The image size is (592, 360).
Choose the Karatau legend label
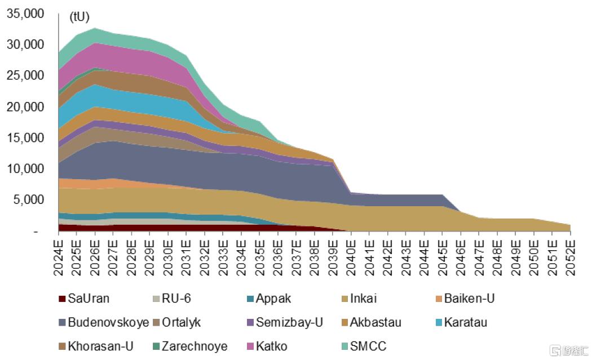[x=465, y=323]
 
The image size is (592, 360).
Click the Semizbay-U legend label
[x=289, y=323]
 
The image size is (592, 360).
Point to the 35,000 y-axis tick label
[x=25, y=14]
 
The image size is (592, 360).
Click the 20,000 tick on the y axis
[x=25, y=106]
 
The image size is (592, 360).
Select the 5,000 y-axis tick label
[x=28, y=199]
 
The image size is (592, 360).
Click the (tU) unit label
[x=79, y=17]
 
